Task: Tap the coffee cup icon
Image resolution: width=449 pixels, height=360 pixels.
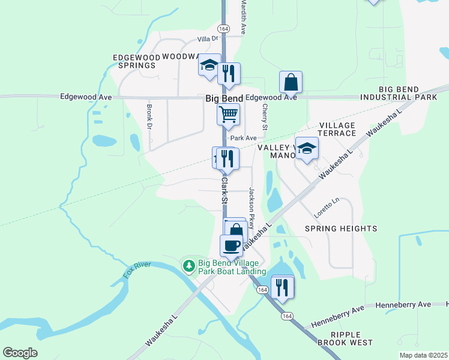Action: tap(232, 245)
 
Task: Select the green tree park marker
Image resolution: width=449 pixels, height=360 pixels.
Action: tap(188, 265)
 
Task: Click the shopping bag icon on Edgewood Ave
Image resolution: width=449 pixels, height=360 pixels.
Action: tap(291, 82)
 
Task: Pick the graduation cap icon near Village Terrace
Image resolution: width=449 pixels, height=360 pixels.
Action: tap(307, 148)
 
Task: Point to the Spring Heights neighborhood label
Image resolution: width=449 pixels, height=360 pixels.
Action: tap(341, 229)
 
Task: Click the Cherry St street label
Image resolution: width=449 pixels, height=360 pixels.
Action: tap(264, 116)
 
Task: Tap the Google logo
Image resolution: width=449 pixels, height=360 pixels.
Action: tap(20, 353)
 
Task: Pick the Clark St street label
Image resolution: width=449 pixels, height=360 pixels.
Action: tap(224, 188)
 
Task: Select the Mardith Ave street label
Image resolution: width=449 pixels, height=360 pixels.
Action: tap(244, 16)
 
